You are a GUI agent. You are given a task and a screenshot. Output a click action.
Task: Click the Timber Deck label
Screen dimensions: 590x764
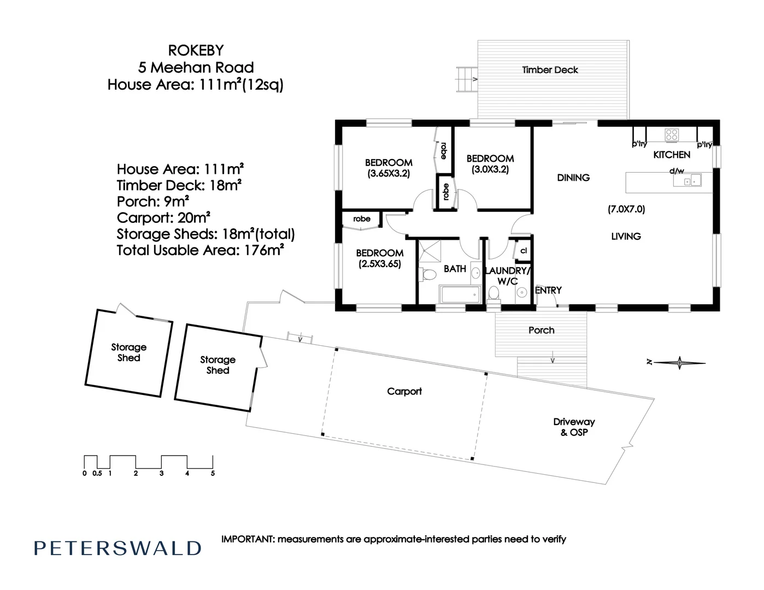550,70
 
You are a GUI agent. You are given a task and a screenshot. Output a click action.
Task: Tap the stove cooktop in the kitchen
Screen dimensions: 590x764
672,134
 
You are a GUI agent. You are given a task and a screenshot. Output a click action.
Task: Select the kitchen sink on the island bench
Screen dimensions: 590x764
696,179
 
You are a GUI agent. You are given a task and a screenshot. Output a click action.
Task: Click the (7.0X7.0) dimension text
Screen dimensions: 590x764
626,209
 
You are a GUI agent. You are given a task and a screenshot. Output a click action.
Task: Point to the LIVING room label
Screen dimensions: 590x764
626,237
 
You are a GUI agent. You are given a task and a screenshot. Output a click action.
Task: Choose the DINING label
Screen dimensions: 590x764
573,178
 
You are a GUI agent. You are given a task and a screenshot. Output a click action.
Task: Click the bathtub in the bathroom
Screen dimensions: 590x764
460,294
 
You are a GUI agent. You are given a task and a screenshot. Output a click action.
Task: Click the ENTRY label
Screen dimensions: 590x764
548,291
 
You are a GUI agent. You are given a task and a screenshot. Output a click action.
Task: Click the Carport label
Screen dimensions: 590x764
404,391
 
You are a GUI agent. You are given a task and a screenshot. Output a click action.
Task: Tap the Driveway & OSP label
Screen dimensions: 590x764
574,427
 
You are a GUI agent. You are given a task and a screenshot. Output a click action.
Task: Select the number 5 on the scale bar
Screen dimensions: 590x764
213,474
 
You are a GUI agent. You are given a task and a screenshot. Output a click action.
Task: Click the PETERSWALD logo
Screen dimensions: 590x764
117,548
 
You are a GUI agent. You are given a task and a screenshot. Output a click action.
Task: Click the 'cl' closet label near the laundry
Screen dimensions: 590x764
524,251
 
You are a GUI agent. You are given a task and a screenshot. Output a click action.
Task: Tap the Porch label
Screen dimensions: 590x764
541,330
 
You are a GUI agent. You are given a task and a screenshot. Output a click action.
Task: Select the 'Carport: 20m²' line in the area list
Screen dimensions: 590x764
164,218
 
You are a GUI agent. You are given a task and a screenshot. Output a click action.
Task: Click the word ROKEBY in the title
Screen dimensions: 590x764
196,50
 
